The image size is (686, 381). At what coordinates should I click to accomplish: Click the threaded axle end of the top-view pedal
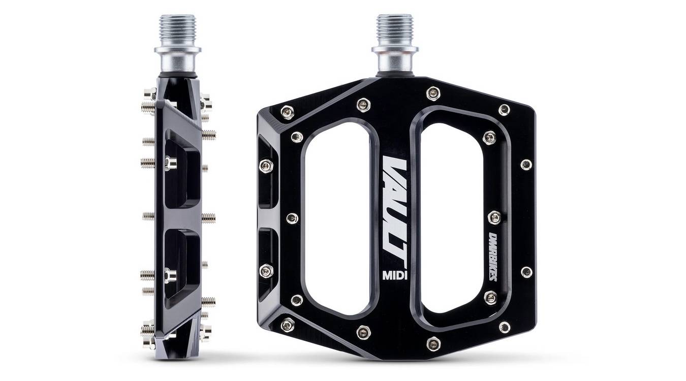[394, 28]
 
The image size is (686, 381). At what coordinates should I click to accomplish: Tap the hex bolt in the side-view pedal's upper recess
[170, 163]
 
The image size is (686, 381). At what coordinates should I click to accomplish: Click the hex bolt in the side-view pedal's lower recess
[170, 275]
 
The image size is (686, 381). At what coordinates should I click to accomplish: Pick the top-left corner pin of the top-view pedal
[288, 112]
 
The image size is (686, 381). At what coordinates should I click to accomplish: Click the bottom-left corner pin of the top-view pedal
[288, 324]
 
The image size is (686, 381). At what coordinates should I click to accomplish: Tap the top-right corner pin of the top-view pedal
[504, 110]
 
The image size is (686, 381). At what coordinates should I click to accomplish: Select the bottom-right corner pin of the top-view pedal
[504, 327]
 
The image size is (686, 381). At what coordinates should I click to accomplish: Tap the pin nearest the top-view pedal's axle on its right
[433, 93]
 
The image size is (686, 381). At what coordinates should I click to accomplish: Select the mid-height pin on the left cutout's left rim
[292, 218]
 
